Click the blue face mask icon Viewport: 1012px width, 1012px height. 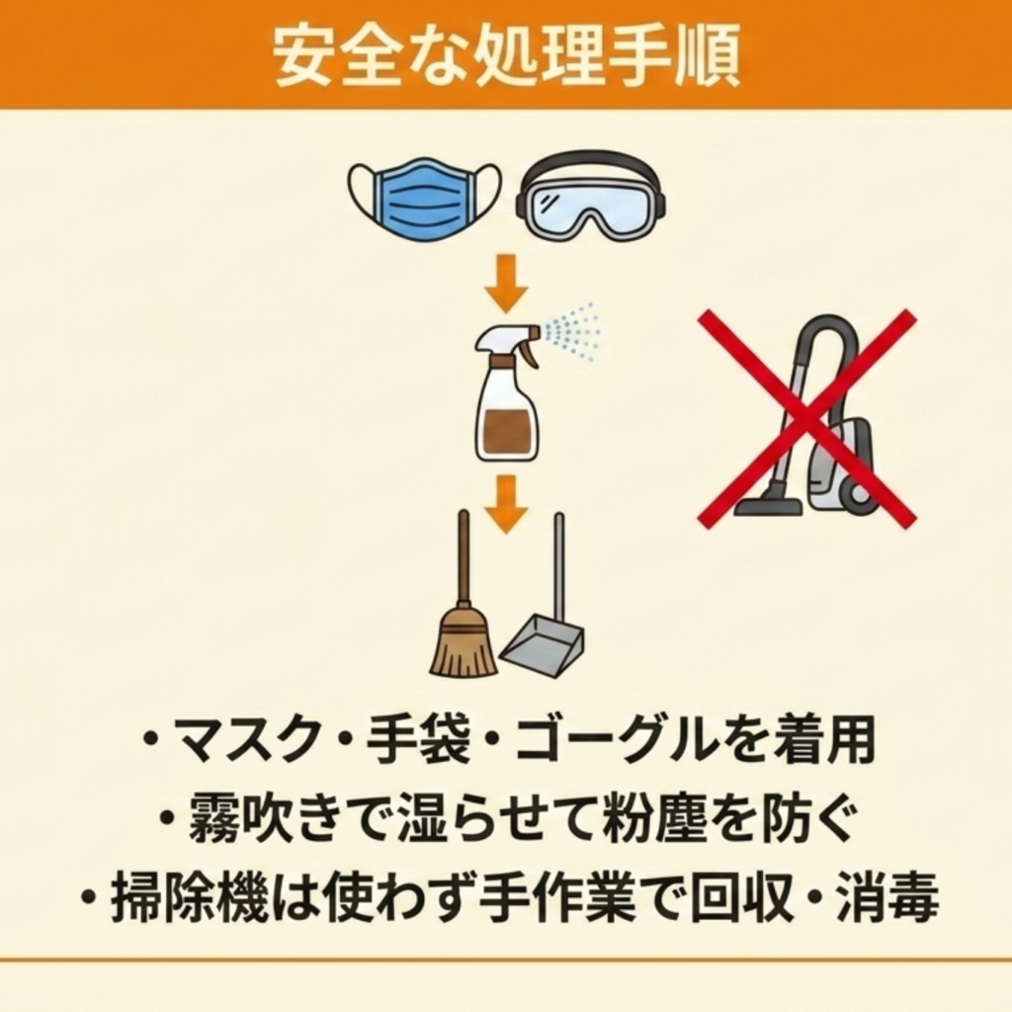coord(425,199)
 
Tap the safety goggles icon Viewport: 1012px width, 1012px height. coord(591,198)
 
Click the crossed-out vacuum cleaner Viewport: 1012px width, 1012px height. coord(806,416)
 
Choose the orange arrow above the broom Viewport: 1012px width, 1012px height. coord(507,504)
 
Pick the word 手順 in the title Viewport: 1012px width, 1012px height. coord(672,56)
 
